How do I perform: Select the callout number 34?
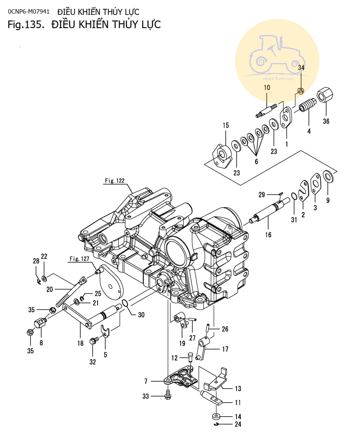(301, 68)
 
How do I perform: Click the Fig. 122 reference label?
(115, 181)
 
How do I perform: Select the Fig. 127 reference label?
(79, 259)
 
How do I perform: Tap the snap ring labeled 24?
(216, 424)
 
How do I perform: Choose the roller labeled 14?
(216, 416)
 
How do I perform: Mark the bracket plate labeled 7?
(183, 378)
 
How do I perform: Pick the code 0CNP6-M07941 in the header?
(29, 11)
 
